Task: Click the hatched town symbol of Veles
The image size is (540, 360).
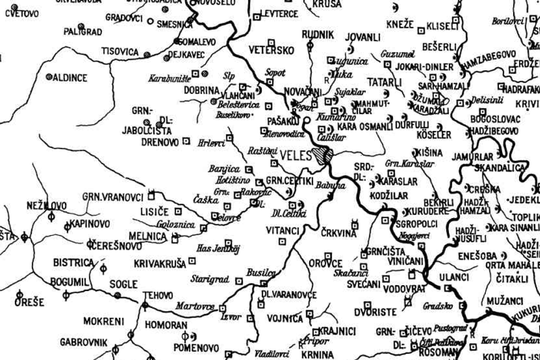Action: coord(323,155)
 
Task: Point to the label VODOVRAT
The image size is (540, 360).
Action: coord(384,286)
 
